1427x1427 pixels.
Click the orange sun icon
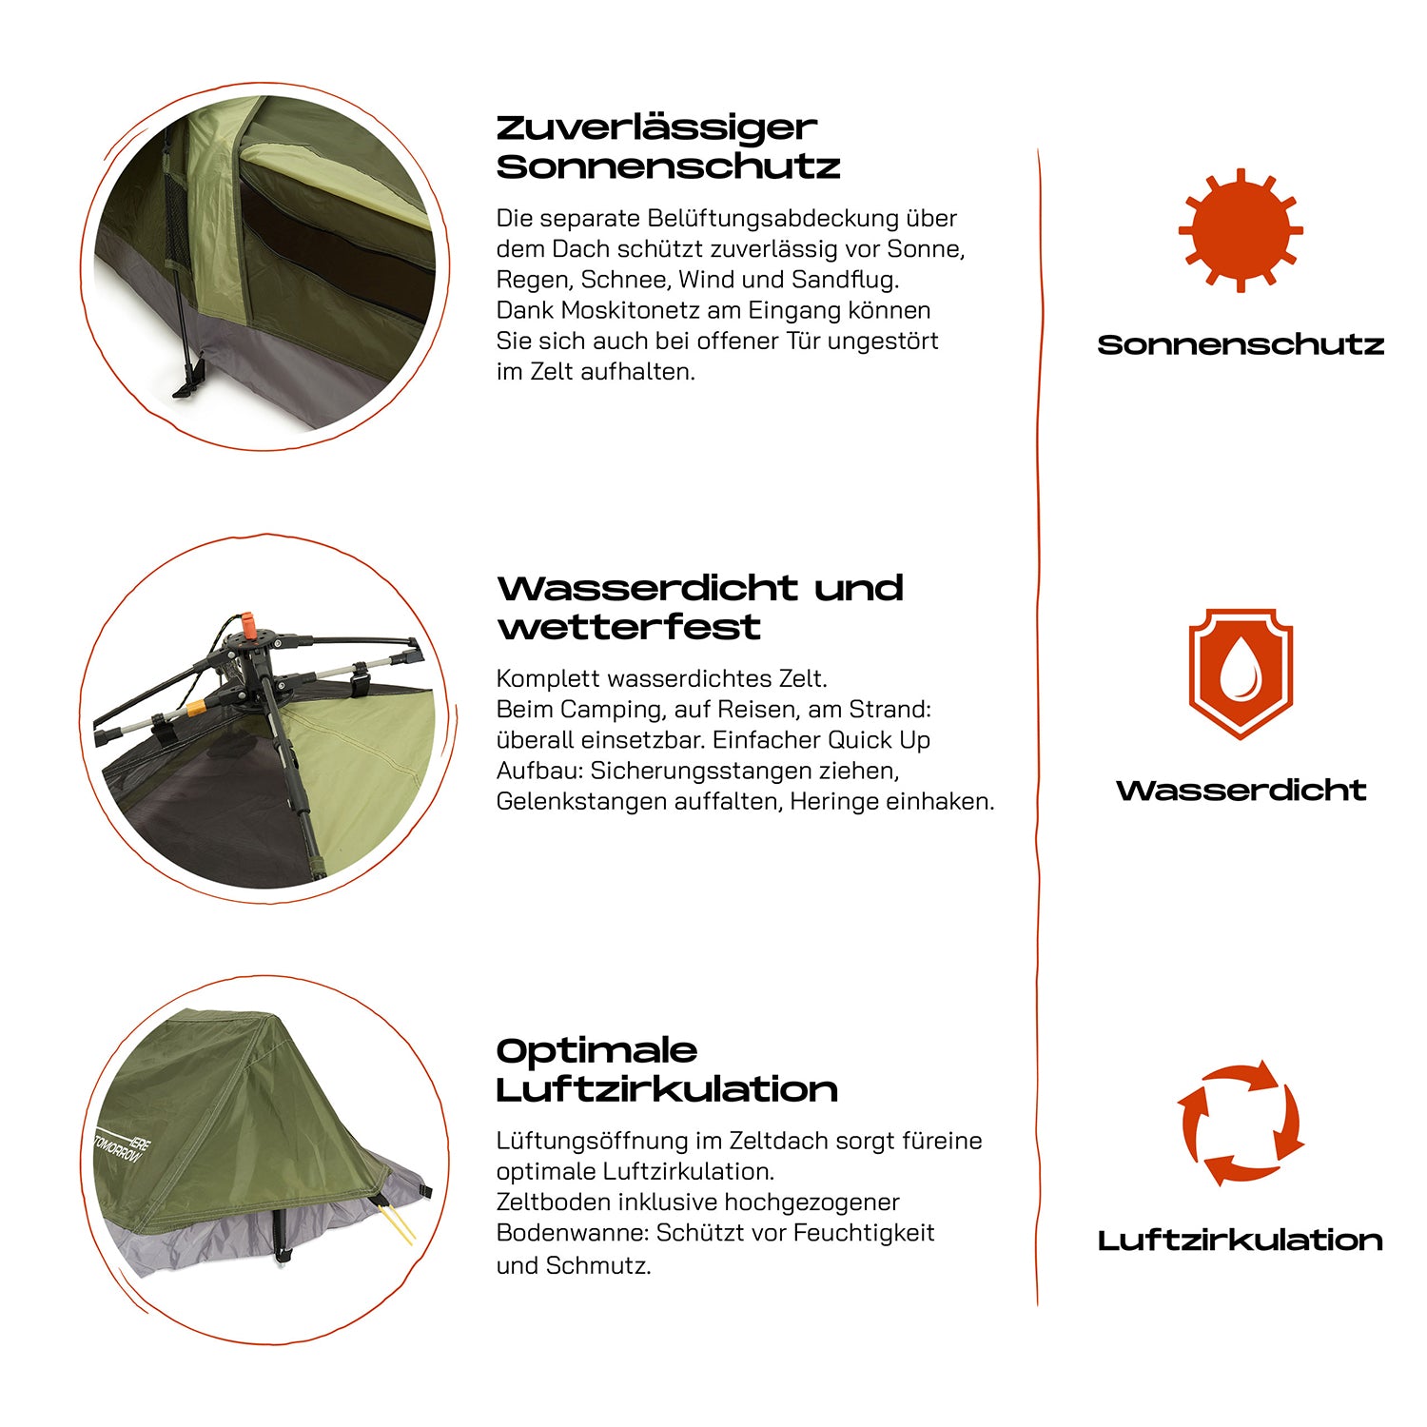click(x=1241, y=230)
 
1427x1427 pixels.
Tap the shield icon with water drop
click(x=1241, y=674)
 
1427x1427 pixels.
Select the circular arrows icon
click(x=1241, y=1123)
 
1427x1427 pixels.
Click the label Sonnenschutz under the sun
click(x=1241, y=344)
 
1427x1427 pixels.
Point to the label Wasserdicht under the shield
click(x=1241, y=790)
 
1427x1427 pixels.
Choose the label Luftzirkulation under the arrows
click(x=1241, y=1240)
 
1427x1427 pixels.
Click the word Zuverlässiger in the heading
click(x=656, y=128)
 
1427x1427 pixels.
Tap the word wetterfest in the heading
click(x=629, y=627)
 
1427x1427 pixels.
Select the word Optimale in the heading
click(x=596, y=1050)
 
